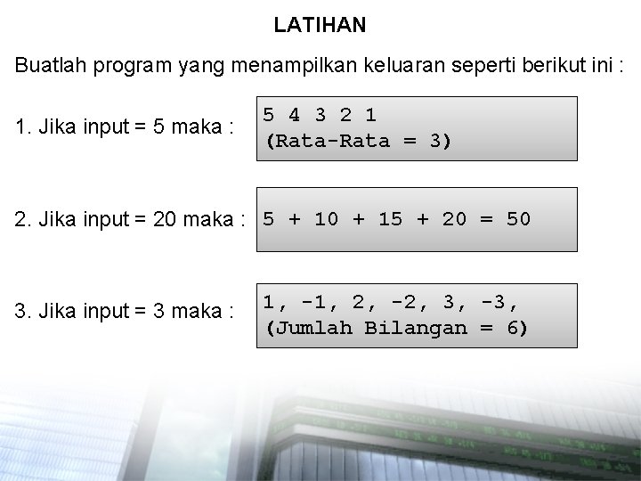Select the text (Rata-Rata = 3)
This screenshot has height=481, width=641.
tap(358, 142)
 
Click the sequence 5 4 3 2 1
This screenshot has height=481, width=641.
tap(319, 115)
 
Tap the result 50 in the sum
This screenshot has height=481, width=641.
tap(518, 219)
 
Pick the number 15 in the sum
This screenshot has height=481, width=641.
tap(390, 219)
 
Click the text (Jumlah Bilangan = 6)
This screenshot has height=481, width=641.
tap(396, 328)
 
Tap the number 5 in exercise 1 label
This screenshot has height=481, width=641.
tap(158, 126)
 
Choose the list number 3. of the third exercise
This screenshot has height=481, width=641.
tap(22, 311)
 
